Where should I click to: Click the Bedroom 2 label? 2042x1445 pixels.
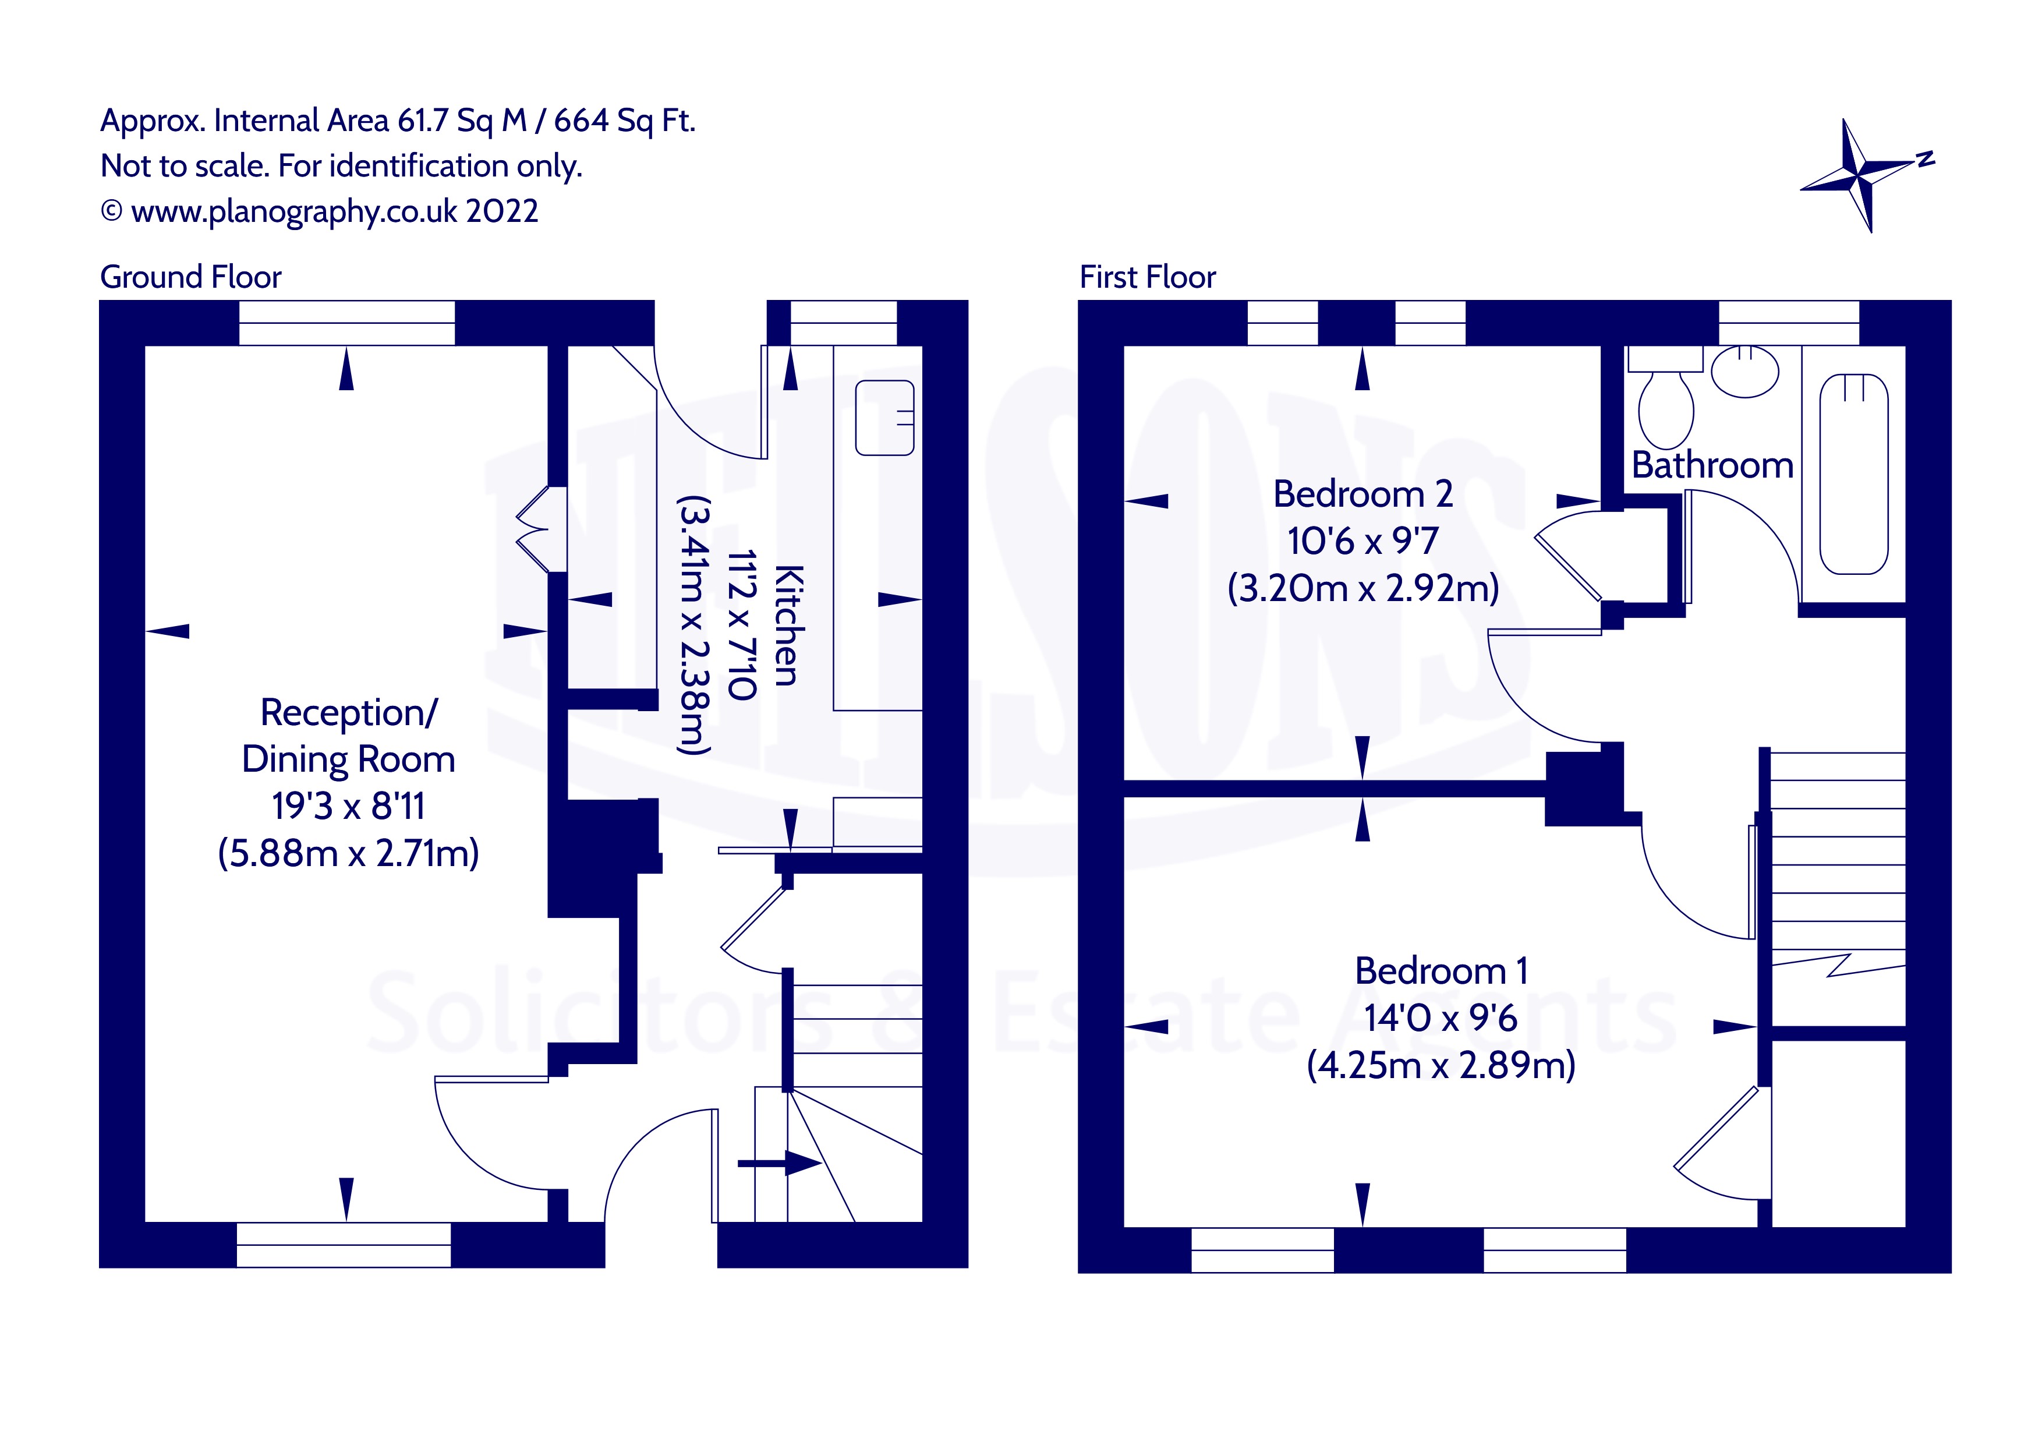point(1362,494)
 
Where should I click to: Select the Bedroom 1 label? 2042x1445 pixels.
point(1441,971)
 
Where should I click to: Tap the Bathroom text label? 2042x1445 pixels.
point(1712,465)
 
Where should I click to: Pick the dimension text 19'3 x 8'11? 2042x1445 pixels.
point(348,806)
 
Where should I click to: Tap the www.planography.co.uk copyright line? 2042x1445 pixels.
point(320,212)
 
